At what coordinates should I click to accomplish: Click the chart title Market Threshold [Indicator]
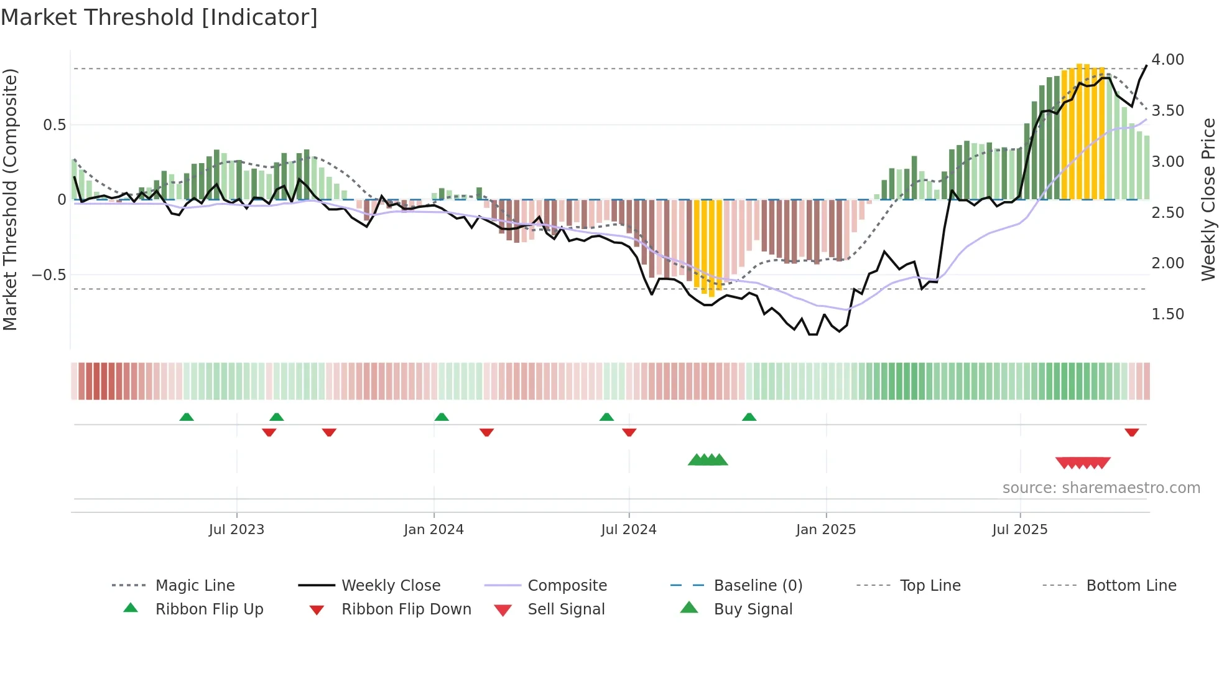pos(159,17)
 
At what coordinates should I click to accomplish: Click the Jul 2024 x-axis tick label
pos(628,530)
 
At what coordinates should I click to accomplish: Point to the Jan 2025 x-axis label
pos(825,530)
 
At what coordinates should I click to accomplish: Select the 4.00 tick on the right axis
pos(1167,60)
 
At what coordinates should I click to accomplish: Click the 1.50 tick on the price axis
pos(1167,314)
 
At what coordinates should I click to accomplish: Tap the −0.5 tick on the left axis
pos(49,275)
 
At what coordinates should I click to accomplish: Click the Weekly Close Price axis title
pos(1208,199)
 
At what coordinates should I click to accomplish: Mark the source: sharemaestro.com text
pos(1101,488)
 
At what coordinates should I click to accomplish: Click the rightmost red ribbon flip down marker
pos(1131,432)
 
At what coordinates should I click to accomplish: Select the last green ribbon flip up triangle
pos(749,417)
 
